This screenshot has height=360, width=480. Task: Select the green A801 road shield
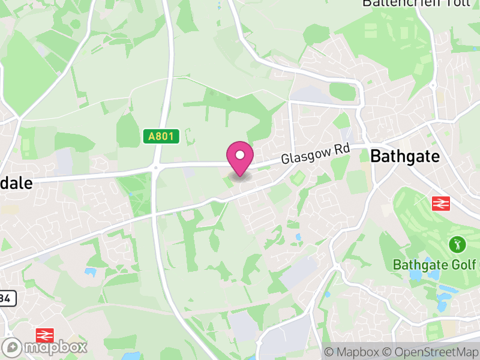point(162,137)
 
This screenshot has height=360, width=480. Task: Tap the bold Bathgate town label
point(405,157)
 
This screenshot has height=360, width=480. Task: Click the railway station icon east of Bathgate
point(441,203)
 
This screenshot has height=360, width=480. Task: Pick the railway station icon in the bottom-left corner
point(44,335)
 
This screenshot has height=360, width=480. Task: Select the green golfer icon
point(457,245)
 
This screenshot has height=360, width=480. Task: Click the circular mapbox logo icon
point(13,347)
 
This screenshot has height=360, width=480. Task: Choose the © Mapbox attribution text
point(352,352)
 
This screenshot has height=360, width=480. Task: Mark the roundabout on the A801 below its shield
point(157,170)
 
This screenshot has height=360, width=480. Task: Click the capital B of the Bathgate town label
point(376,157)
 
